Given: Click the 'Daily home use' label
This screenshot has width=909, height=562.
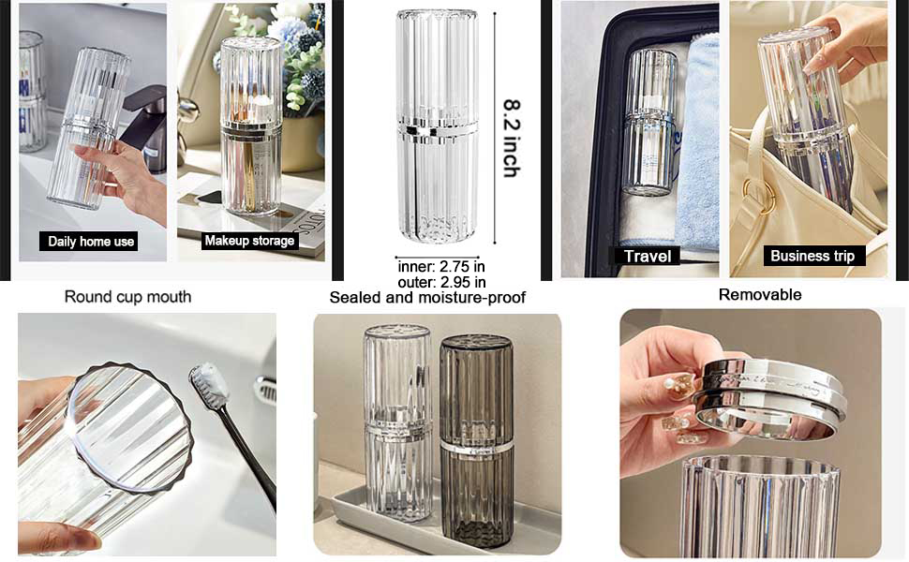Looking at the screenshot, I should coord(92,242).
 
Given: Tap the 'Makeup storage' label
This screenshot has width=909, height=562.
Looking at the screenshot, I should coord(249,241).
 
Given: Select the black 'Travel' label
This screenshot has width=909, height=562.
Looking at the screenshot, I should coord(647,256).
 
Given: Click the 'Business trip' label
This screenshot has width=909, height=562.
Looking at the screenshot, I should coord(812,256).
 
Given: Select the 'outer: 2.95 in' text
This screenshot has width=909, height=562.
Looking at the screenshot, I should coord(440,282).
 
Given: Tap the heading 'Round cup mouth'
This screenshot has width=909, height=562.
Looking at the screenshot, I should coord(127,297).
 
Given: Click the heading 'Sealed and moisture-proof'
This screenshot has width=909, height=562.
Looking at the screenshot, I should coord(427,298).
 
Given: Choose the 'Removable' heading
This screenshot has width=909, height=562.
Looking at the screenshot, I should coord(760,295).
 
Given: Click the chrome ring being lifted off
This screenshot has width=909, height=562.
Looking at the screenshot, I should coord(768,398).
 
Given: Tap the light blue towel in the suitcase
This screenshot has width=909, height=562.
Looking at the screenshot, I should coord(697,140).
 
